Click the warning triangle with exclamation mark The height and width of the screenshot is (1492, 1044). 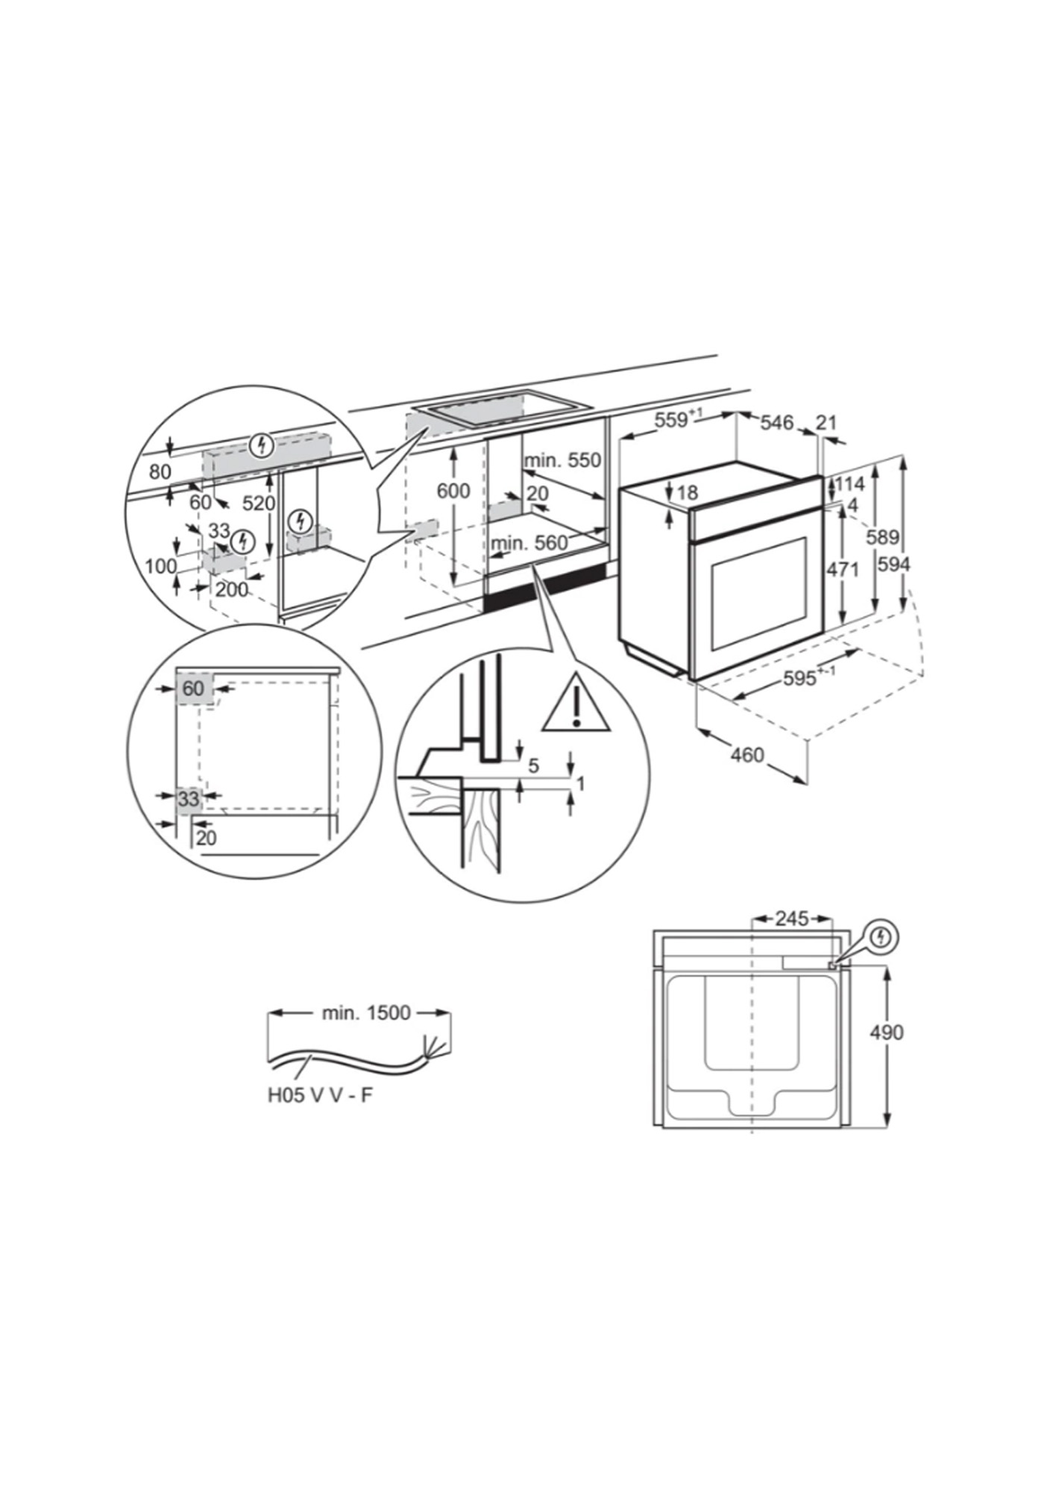(576, 703)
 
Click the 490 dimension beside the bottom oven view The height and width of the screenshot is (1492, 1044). (887, 1032)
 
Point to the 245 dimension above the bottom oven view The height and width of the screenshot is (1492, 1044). (791, 918)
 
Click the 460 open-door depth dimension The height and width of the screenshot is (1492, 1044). (746, 755)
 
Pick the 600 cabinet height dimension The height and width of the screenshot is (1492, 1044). (453, 491)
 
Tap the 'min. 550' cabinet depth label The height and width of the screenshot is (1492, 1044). (562, 460)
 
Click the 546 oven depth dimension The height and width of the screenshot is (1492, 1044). (776, 422)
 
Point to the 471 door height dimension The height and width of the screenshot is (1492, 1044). (843, 570)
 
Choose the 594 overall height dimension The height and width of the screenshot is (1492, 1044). (893, 565)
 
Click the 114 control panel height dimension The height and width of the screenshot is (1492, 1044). (849, 484)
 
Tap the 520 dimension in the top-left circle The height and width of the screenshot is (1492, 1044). (259, 503)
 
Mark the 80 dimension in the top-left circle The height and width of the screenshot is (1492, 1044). (160, 471)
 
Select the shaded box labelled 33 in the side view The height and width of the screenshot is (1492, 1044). (189, 800)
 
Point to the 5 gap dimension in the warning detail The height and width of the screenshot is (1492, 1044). (533, 765)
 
